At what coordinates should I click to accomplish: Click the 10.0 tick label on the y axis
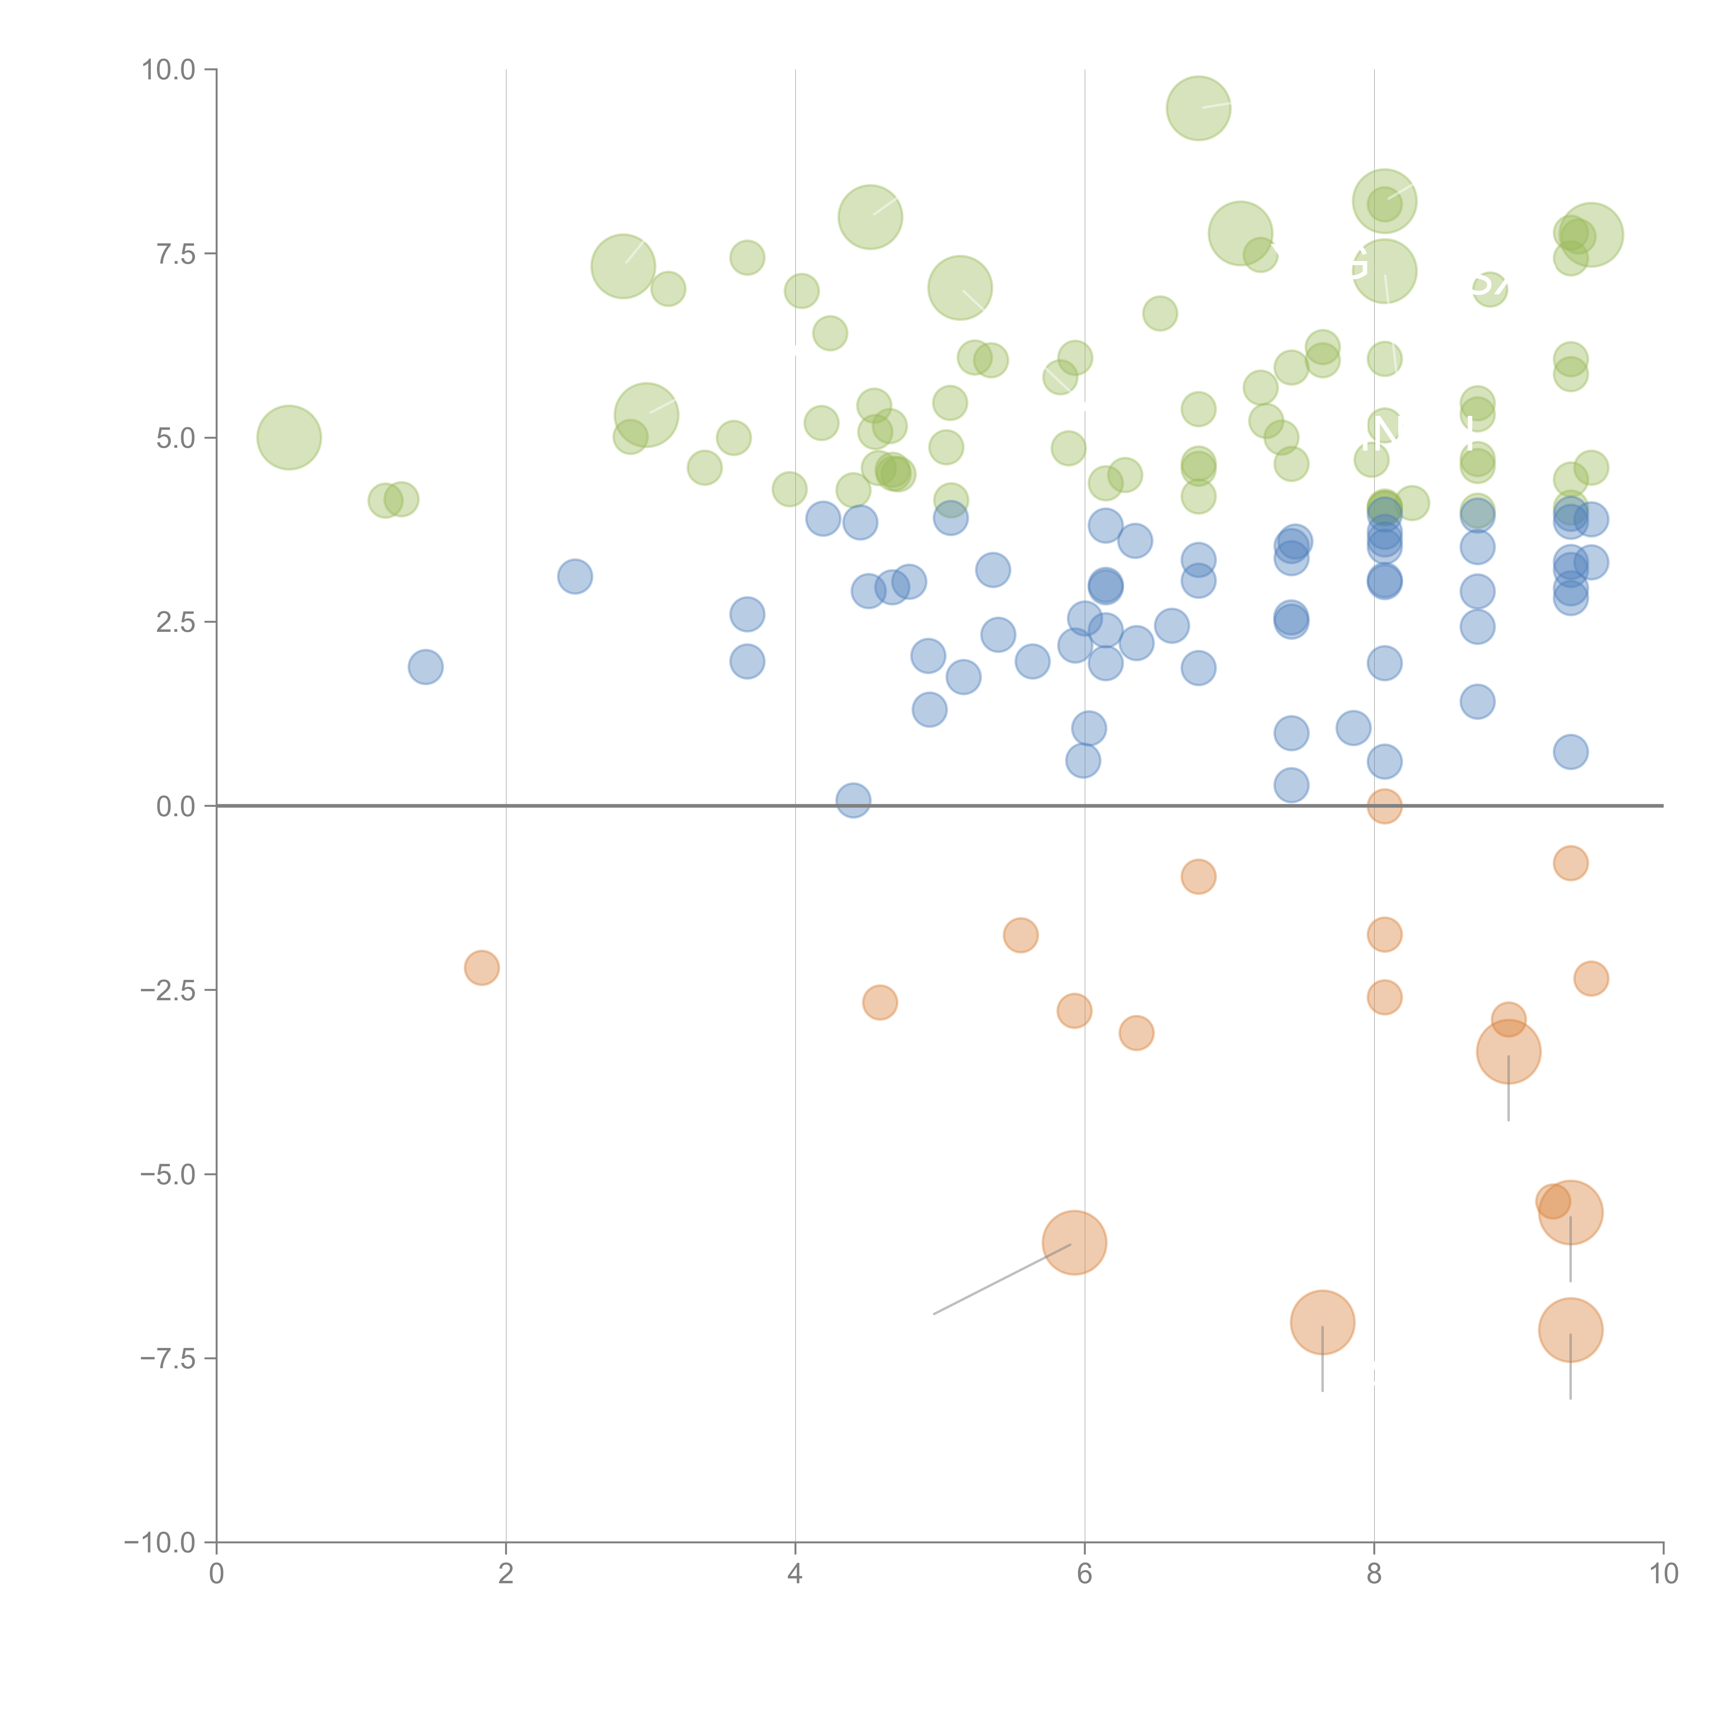[x=169, y=70]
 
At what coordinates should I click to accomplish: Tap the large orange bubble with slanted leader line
[x=1074, y=1242]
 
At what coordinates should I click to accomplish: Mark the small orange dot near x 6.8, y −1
[x=1199, y=876]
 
